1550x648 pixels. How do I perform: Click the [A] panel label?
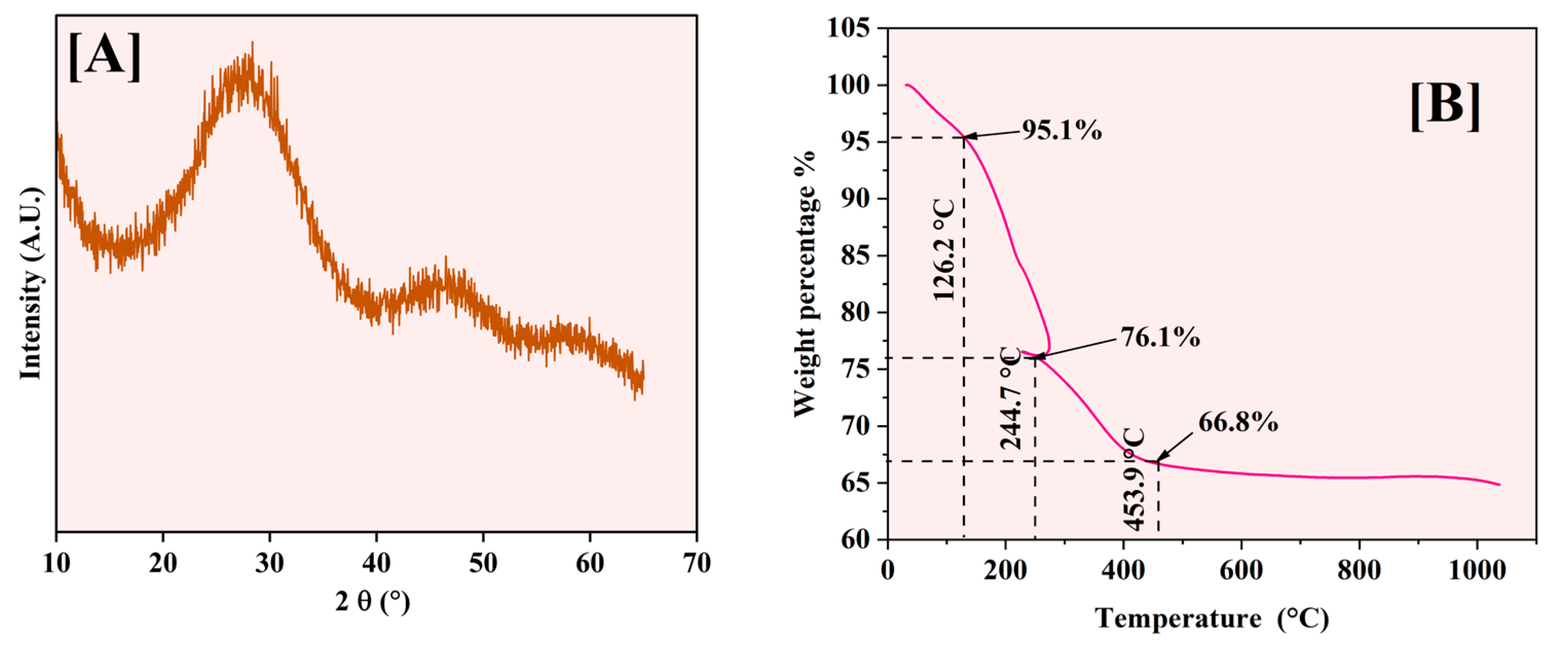[x=105, y=57]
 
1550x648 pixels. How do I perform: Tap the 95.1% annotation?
[x=1062, y=129]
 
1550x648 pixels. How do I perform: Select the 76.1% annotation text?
[x=1160, y=338]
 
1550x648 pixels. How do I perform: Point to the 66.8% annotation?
[x=1238, y=422]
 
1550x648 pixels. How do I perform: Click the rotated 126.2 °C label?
[x=944, y=250]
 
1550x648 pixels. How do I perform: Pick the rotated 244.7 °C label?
[x=1011, y=398]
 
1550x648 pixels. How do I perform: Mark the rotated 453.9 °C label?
[x=1134, y=479]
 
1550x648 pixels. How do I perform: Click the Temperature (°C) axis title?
[x=1212, y=618]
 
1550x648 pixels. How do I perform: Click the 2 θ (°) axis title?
[x=373, y=601]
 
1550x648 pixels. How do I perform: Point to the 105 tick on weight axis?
[x=848, y=28]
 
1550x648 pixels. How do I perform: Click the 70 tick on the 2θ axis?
[x=697, y=564]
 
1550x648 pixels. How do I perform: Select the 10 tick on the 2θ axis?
[x=57, y=564]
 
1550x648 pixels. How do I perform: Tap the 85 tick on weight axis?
[x=854, y=256]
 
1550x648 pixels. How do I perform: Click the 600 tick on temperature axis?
[x=1241, y=569]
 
